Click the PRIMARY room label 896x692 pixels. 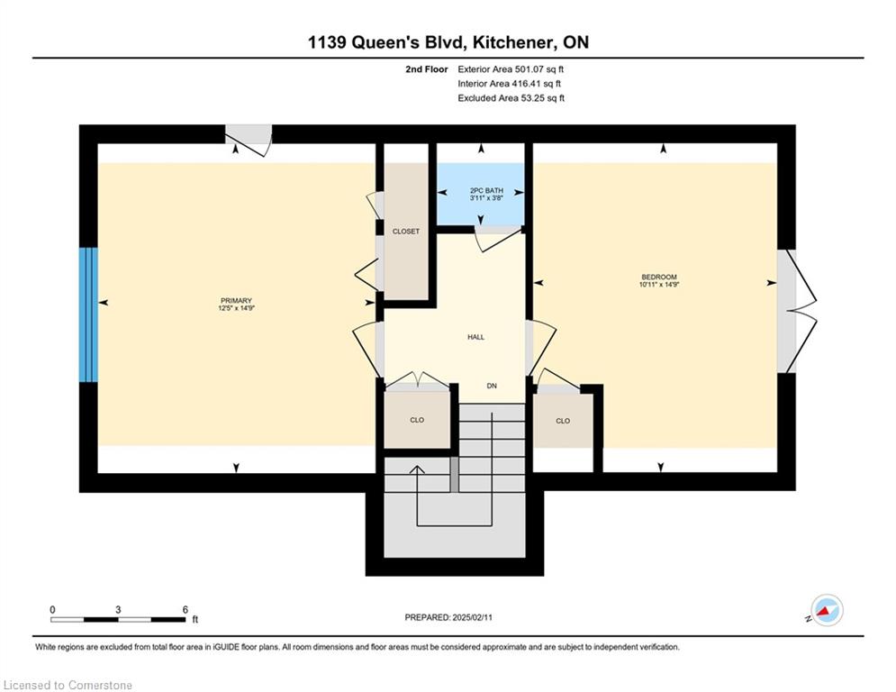[x=236, y=301]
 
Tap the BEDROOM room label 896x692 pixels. [x=659, y=278]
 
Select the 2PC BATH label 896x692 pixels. [x=486, y=190]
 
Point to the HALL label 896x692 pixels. [x=476, y=337]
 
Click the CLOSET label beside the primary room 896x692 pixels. [x=406, y=232]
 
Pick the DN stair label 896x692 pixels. [x=492, y=386]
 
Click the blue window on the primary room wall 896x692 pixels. [x=88, y=314]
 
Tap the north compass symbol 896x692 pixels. [x=827, y=610]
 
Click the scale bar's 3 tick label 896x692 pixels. [x=118, y=610]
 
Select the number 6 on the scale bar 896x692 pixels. [x=186, y=610]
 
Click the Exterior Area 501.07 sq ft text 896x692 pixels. [x=511, y=69]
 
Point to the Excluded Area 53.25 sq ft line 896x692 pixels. [x=511, y=98]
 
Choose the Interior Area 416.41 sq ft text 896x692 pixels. [x=509, y=84]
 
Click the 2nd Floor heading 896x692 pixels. [x=426, y=69]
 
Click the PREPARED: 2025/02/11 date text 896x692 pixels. [x=448, y=617]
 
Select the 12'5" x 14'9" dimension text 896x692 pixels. [x=236, y=308]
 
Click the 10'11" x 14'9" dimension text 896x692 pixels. [x=659, y=284]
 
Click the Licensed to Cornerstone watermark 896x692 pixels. [x=68, y=685]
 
